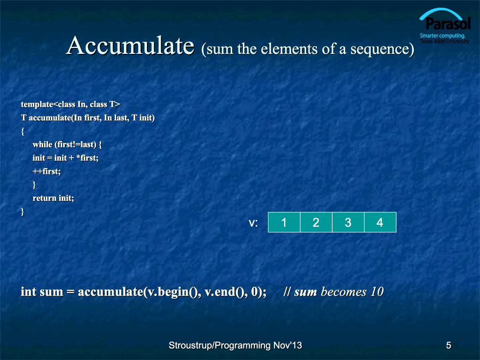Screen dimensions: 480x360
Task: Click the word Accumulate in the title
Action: click(130, 46)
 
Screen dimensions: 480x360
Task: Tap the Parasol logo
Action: click(445, 26)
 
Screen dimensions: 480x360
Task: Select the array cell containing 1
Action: click(284, 222)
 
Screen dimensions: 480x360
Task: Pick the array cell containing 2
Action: click(316, 222)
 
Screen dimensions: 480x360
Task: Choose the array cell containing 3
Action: click(348, 222)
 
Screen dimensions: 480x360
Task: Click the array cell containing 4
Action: click(380, 222)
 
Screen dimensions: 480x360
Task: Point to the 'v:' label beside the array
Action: click(253, 223)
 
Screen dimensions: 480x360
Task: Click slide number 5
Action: click(449, 345)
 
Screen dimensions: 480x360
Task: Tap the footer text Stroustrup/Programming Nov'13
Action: click(235, 345)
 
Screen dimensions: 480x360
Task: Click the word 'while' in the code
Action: click(43, 144)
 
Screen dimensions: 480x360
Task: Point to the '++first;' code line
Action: click(47, 171)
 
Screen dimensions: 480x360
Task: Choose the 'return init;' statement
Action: click(53, 198)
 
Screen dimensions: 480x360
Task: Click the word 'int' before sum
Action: click(28, 291)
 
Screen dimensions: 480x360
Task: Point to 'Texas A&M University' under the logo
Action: click(445, 41)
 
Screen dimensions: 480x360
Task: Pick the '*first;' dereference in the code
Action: click(87, 158)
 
